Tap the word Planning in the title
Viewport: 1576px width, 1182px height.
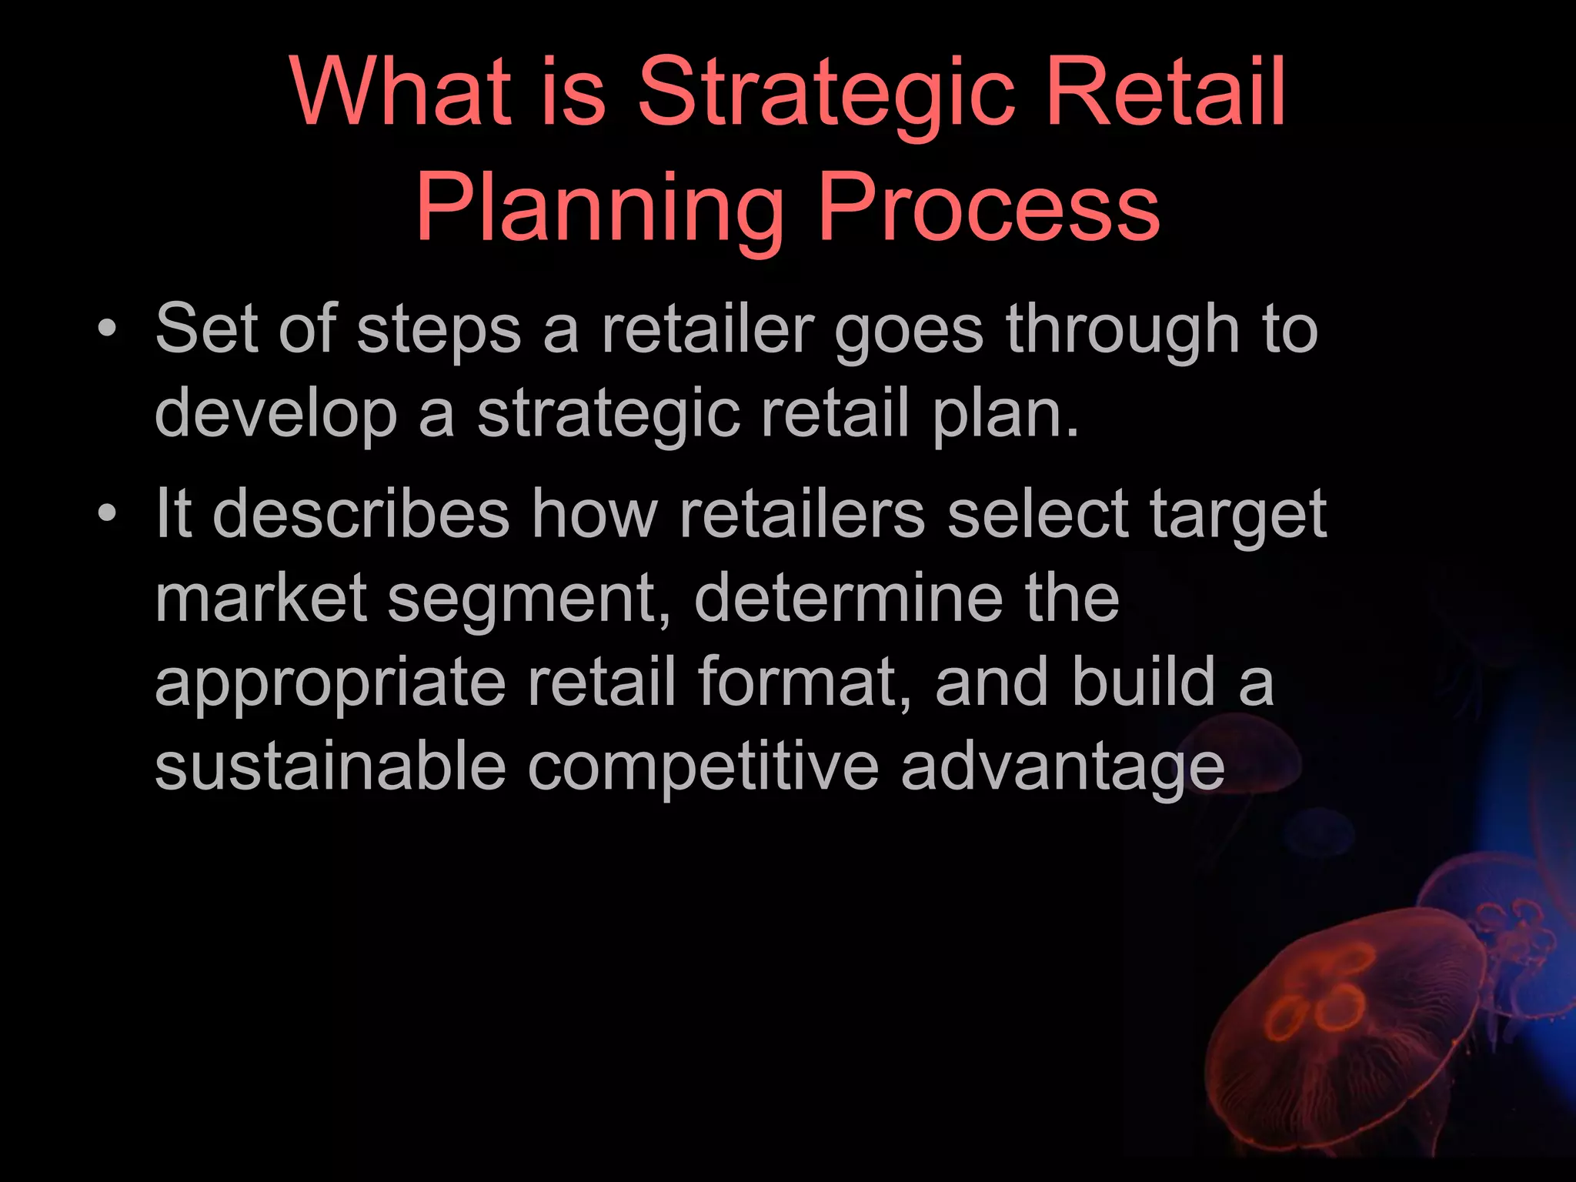click(599, 208)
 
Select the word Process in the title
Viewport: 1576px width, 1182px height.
click(988, 208)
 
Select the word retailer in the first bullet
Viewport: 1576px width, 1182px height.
click(707, 329)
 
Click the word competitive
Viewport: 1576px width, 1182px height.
click(703, 768)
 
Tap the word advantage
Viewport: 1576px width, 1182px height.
click(1063, 768)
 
